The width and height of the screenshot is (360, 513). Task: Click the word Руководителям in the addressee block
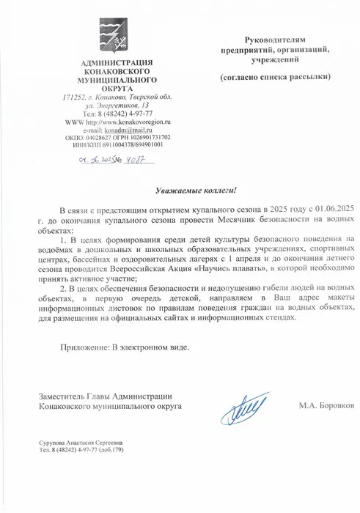279,36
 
